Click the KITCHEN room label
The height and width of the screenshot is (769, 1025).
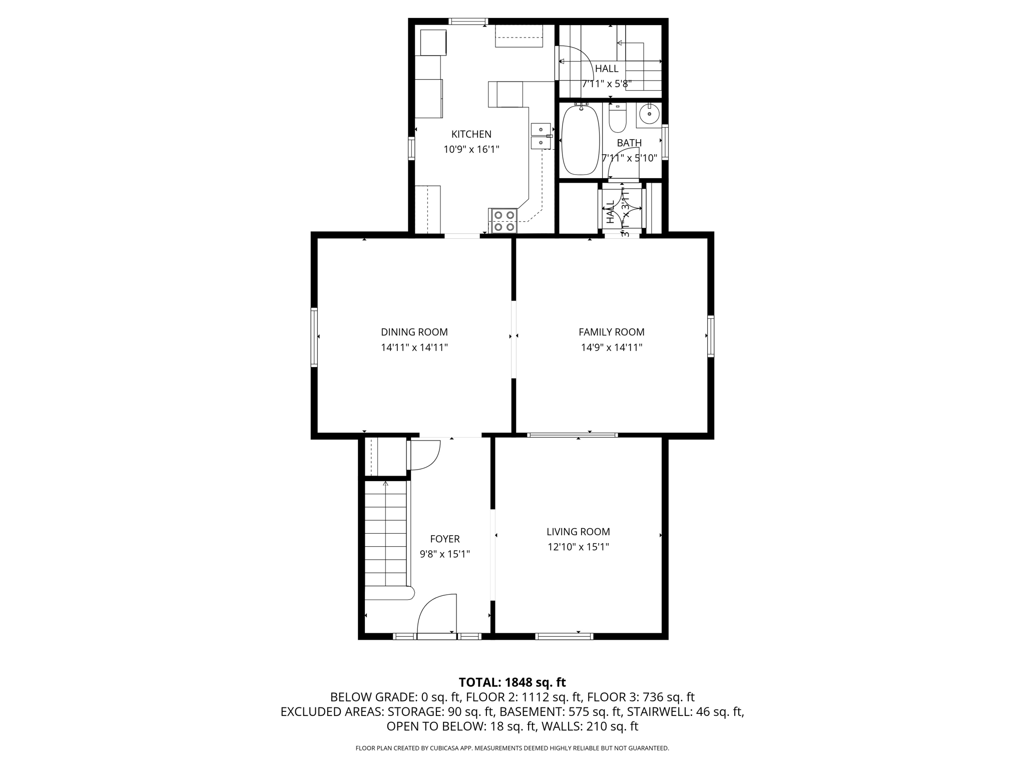471,134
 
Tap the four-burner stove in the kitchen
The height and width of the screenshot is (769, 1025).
503,221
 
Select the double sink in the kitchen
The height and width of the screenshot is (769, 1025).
541,136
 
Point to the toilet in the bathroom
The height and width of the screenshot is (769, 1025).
618,118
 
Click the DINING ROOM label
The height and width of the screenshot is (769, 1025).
414,332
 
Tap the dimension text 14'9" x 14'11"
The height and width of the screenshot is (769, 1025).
611,347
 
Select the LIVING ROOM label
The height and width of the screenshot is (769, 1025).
578,532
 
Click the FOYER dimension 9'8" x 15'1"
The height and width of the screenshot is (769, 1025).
444,554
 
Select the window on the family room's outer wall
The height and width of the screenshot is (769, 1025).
710,336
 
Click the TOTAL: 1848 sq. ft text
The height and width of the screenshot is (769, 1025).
512,682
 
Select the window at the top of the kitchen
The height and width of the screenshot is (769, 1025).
467,22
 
